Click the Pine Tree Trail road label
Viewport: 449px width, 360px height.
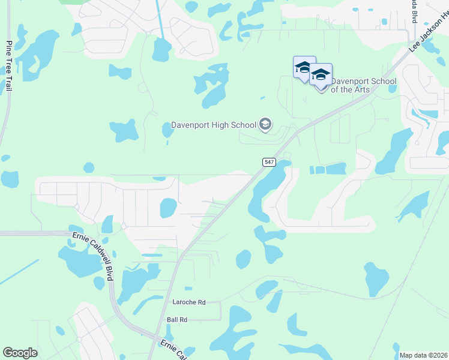click(9, 66)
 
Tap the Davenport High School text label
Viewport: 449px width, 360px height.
click(214, 125)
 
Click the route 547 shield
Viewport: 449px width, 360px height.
click(268, 162)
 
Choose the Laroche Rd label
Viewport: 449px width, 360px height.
click(188, 302)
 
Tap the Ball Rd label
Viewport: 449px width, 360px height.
click(177, 320)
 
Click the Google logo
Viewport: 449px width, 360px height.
click(20, 353)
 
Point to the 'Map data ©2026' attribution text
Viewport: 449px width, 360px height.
click(423, 355)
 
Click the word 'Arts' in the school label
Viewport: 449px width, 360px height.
click(360, 89)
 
